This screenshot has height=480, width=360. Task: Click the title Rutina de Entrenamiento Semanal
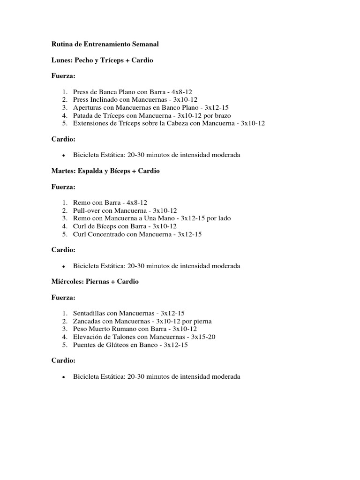pos(105,44)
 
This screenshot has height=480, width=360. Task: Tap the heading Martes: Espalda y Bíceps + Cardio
pos(105,171)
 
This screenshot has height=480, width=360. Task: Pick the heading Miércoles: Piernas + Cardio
pos(95,281)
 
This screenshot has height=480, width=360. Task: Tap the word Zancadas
pos(88,321)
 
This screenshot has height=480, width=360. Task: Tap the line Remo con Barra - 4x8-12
pos(110,202)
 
